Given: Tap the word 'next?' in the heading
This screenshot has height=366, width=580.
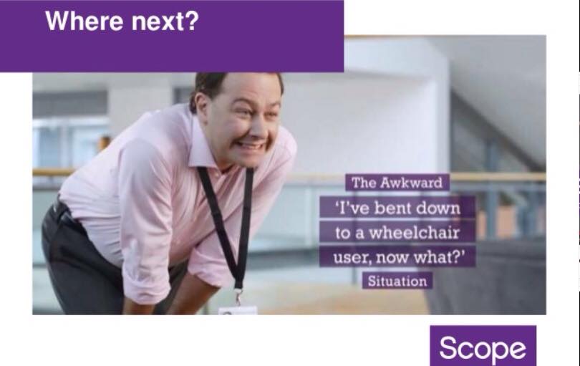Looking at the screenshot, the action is (165, 21).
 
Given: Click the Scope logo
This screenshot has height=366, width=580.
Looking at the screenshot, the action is (483, 346).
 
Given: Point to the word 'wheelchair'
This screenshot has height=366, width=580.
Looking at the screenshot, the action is (415, 232).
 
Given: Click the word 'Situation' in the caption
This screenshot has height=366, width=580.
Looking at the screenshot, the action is (397, 281).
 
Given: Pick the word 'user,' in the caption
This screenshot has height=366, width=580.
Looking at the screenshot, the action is (352, 258).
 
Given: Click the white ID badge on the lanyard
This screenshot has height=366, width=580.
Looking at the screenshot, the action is (238, 311).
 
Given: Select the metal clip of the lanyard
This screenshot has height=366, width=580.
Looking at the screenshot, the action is (239, 297).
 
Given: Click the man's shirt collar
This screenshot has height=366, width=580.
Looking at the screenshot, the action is (203, 148).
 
